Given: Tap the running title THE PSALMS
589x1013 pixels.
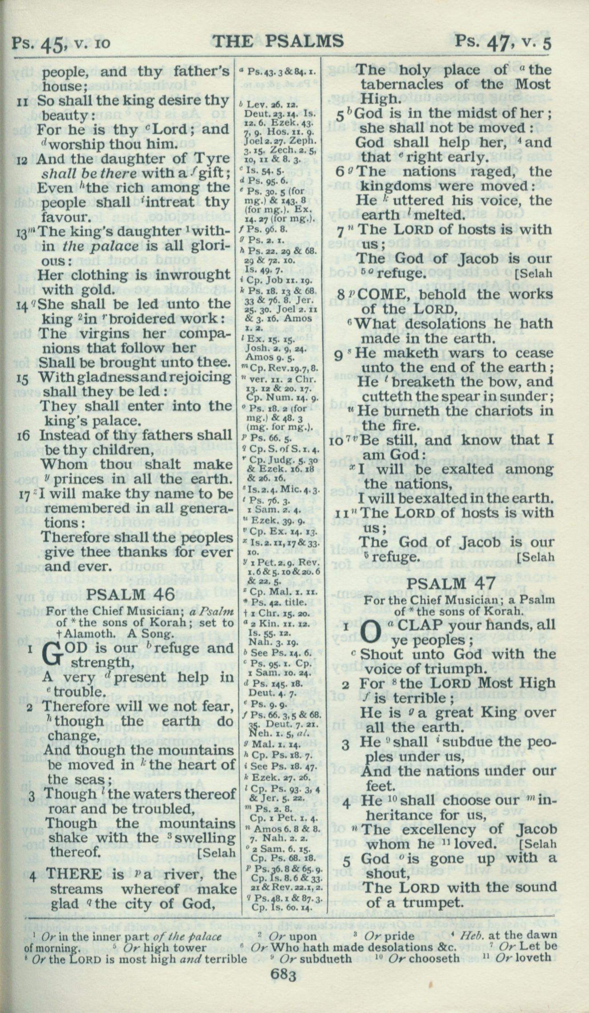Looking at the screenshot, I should pyautogui.click(x=278, y=41).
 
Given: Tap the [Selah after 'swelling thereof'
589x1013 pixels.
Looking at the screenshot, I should pyautogui.click(x=216, y=853).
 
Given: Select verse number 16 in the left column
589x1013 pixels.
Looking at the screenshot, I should pyautogui.click(x=24, y=435).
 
